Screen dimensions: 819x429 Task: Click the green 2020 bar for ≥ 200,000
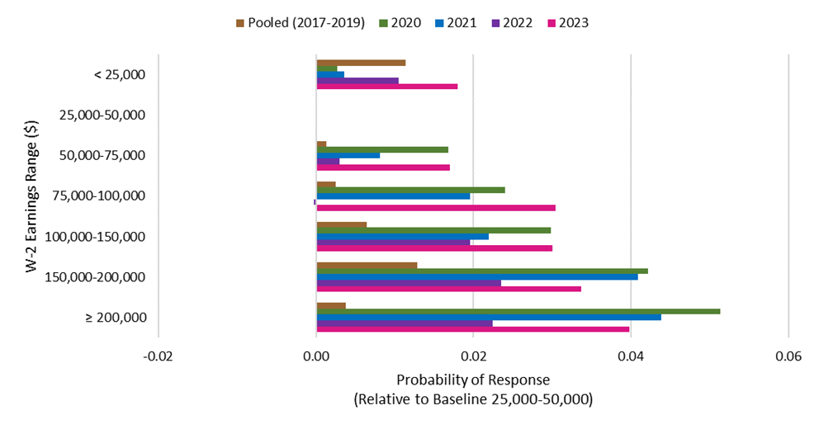(518, 312)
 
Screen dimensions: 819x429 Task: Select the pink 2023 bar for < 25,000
(387, 87)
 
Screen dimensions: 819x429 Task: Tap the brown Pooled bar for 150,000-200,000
(367, 265)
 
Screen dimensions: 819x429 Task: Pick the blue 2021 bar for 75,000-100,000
(393, 196)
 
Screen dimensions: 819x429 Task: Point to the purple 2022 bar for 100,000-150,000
(393, 243)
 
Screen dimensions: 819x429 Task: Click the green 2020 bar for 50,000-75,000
(382, 150)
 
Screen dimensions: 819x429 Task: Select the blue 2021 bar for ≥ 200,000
(489, 318)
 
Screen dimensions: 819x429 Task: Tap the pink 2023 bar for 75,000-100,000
(436, 208)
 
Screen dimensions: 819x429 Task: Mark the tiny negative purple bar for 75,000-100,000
(315, 202)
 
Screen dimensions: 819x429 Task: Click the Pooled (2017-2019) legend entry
(301, 23)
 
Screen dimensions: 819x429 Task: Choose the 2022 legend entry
(512, 23)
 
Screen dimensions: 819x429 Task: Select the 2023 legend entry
(568, 23)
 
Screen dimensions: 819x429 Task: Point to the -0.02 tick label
(158, 357)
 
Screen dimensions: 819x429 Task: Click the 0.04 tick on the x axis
(631, 357)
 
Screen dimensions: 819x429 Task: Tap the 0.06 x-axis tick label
(788, 357)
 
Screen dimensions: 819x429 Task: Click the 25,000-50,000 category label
(102, 115)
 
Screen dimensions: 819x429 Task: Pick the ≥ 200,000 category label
(116, 318)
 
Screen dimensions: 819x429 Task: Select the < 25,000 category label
(120, 74)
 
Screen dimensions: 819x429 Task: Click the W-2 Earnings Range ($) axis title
(31, 196)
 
